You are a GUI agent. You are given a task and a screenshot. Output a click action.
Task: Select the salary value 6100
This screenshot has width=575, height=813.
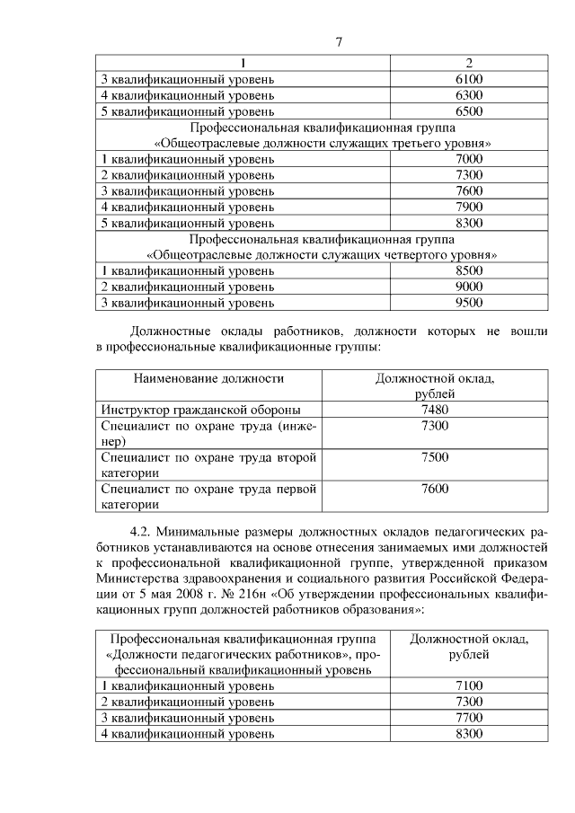tap(469, 79)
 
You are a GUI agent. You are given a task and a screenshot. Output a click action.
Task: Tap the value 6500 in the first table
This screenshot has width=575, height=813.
tap(469, 111)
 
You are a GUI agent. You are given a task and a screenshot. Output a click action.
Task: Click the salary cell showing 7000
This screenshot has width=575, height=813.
tap(469, 159)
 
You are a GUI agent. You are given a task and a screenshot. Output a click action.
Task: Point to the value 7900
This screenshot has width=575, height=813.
tap(469, 208)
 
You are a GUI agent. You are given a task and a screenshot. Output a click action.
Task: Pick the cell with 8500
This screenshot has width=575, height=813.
tap(469, 270)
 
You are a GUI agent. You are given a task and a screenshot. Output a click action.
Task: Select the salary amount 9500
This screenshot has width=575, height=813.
tap(469, 303)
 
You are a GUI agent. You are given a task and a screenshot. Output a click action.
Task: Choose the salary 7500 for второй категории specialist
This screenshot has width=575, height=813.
tap(435, 457)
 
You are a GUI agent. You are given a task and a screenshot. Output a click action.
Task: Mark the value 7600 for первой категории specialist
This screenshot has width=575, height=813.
tap(435, 489)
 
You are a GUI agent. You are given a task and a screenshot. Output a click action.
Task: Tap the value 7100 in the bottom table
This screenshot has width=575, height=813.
tap(469, 686)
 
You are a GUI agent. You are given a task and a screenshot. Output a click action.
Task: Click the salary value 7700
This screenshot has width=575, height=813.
tap(469, 718)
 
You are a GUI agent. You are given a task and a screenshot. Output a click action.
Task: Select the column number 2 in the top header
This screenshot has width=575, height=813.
tap(469, 63)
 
